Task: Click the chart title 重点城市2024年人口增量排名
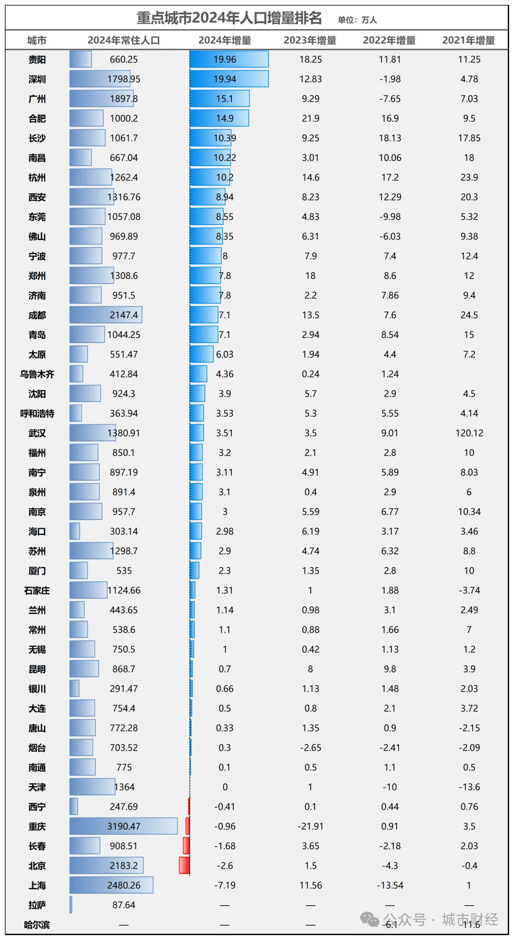pos(229,18)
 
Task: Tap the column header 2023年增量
pos(310,40)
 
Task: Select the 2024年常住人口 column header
pos(124,40)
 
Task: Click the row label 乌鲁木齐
pos(37,374)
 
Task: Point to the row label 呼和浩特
pos(37,414)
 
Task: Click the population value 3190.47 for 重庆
pos(124,826)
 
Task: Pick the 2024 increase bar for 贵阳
pos(229,59)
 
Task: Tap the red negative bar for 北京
pos(184,866)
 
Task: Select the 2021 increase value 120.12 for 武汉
pos(469,433)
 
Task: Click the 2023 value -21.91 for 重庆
pos(310,826)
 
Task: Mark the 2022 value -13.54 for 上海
pos(390,885)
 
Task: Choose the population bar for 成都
pos(106,315)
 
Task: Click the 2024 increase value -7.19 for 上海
pos(225,885)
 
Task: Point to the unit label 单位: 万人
pos(357,20)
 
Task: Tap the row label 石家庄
pos(37,591)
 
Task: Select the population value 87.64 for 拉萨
pos(124,905)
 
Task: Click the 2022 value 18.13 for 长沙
pos(390,138)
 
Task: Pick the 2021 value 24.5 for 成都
pos(469,315)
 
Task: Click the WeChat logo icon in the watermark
pos(370,919)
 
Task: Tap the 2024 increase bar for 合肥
pos(219,119)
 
